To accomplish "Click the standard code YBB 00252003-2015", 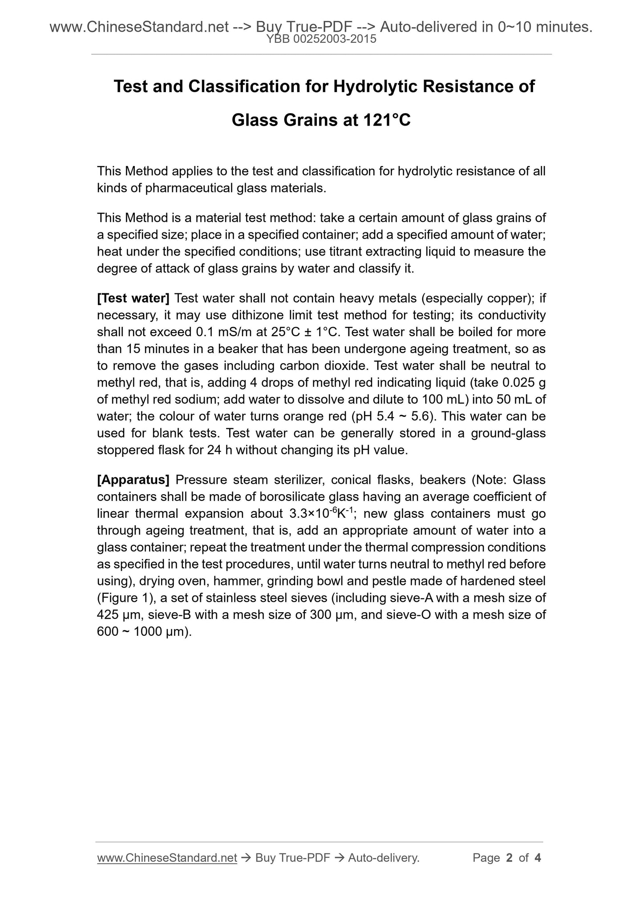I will point(321,40).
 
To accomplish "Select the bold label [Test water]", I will point(133,298).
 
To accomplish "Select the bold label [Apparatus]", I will point(133,480).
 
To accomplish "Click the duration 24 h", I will point(219,450).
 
